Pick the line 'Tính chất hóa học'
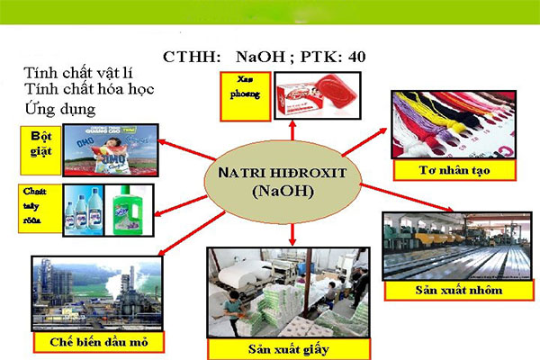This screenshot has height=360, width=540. [88, 90]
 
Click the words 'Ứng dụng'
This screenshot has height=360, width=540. [60, 109]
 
